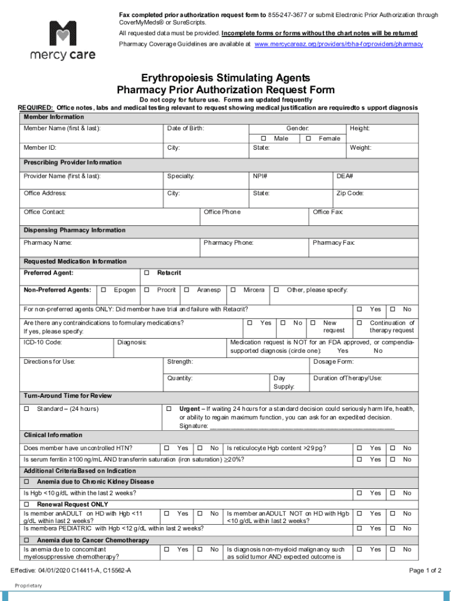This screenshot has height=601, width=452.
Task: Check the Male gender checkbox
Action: [x=264, y=139]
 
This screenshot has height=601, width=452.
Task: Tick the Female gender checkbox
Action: [x=308, y=139]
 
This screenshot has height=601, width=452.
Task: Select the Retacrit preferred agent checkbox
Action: [x=147, y=274]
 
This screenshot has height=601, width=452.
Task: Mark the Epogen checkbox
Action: [x=103, y=290]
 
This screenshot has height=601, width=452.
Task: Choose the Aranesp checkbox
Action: [x=187, y=290]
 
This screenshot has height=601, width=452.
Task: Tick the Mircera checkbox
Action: [x=233, y=290]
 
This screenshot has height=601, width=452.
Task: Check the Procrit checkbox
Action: [x=147, y=290]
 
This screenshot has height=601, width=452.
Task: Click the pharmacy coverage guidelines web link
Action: [x=338, y=44]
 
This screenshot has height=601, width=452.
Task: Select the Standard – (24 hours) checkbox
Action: [x=26, y=408]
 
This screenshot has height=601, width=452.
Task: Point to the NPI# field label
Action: [x=260, y=176]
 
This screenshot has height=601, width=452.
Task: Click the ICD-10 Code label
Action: [x=43, y=342]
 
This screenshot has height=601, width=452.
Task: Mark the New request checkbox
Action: [x=313, y=323]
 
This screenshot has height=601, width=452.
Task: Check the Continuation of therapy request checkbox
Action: [x=359, y=323]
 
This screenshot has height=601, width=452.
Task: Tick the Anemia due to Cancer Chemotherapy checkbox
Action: [x=26, y=540]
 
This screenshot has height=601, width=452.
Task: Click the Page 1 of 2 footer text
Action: [x=425, y=570]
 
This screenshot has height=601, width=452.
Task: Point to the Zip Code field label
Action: [x=350, y=193]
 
